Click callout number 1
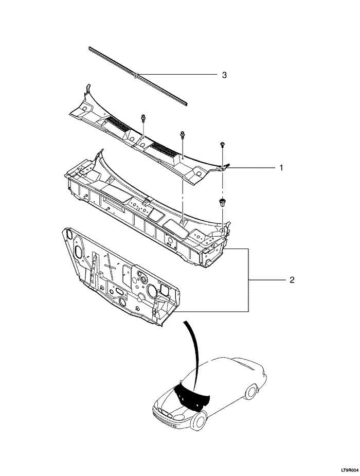[281, 168]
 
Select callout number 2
[292, 280]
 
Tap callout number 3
[224, 75]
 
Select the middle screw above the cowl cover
[183, 135]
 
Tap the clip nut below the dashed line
[223, 201]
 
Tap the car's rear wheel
[251, 392]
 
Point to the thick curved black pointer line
[193, 350]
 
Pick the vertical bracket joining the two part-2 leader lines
[249, 280]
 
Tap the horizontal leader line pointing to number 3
[177, 75]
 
